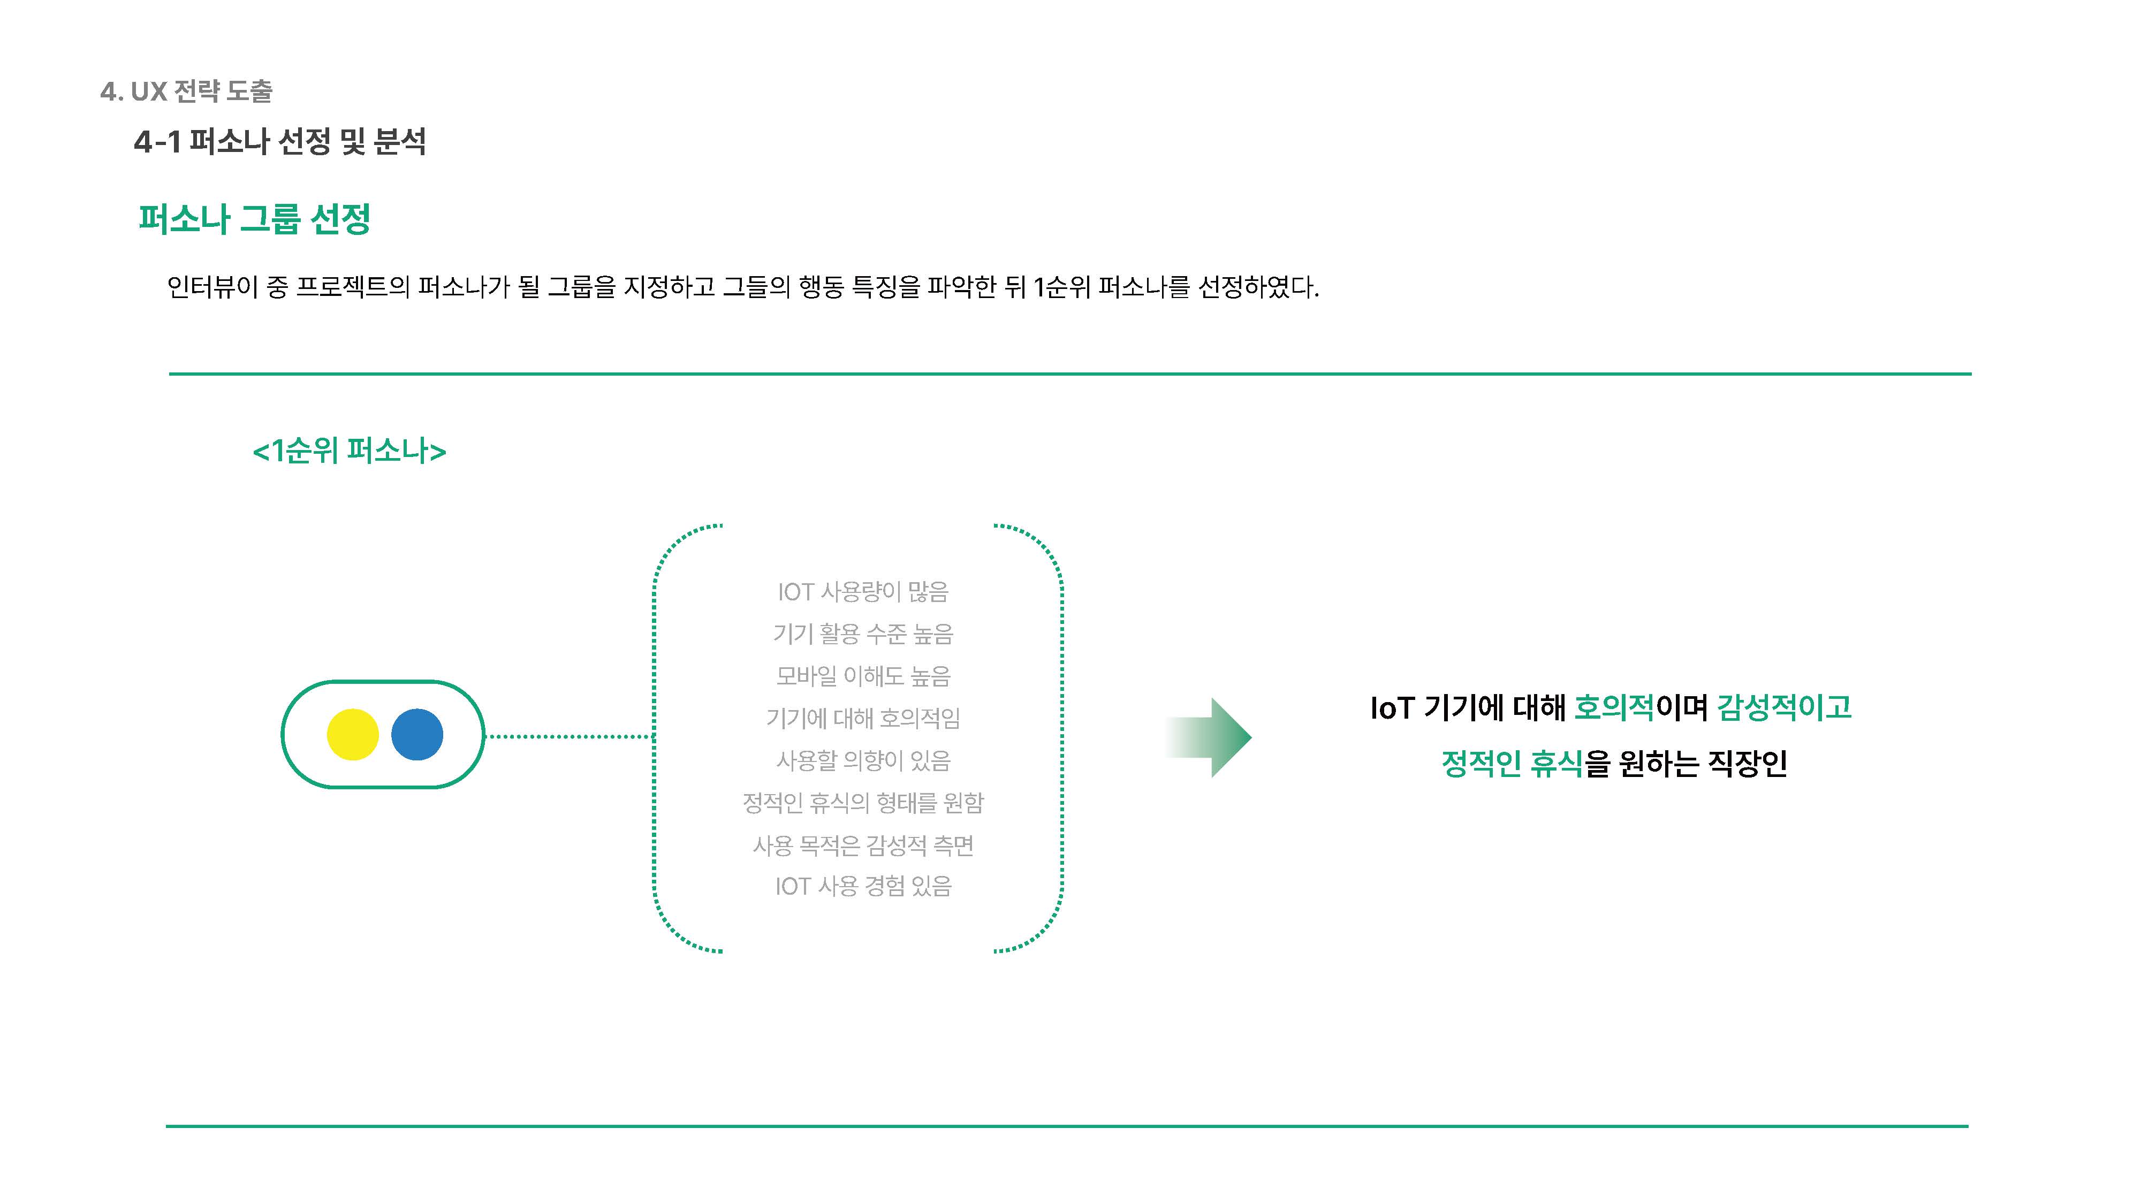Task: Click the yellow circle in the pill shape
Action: (x=352, y=735)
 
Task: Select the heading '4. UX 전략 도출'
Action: (x=186, y=92)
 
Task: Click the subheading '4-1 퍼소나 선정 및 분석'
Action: (x=280, y=141)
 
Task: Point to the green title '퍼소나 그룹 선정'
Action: (x=254, y=219)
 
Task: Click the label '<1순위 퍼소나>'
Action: (x=349, y=451)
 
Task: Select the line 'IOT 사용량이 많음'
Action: (x=863, y=592)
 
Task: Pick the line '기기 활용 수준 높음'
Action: (x=863, y=634)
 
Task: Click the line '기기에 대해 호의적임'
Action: (x=863, y=718)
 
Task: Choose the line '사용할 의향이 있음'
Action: (x=863, y=760)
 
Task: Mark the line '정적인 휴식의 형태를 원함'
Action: (x=863, y=803)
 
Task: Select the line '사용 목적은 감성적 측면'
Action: (x=863, y=845)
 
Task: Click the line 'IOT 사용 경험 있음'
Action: (x=863, y=887)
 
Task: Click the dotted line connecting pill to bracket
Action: (x=570, y=736)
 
